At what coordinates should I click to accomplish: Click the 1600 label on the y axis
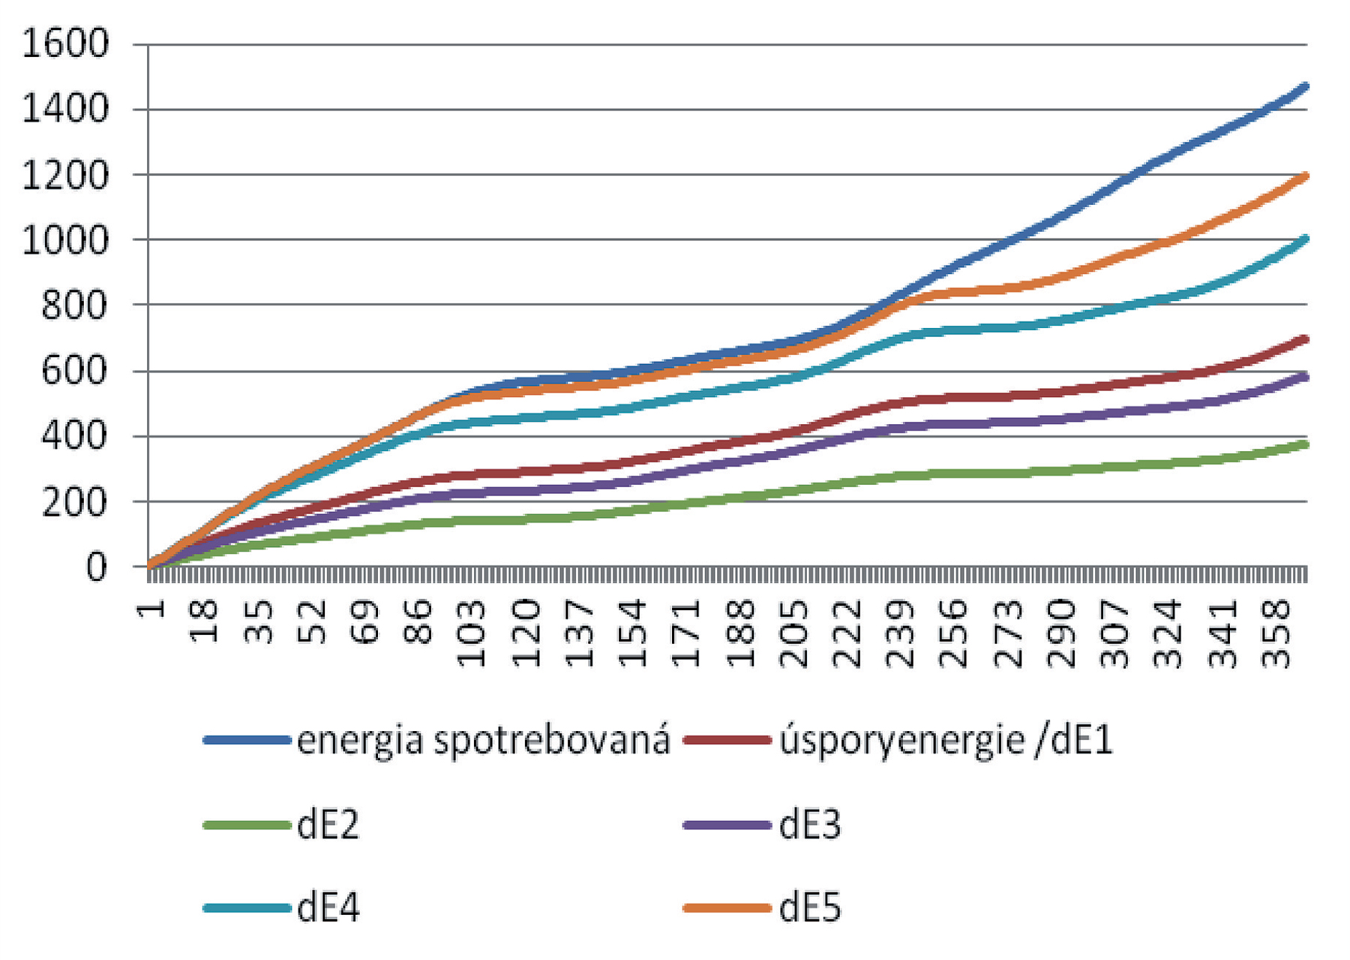(x=66, y=44)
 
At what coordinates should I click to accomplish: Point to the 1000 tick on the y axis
(x=66, y=241)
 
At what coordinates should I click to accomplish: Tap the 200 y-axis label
(x=75, y=502)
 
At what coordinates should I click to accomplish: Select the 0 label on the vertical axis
(x=97, y=567)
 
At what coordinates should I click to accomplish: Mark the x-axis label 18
(x=203, y=620)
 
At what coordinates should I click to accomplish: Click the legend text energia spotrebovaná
(x=483, y=741)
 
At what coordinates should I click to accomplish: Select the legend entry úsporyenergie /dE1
(x=945, y=741)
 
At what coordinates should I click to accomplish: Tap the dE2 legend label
(x=328, y=825)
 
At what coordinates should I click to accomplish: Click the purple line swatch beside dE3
(x=727, y=825)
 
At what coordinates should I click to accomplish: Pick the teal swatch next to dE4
(x=247, y=908)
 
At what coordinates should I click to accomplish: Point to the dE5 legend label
(x=810, y=908)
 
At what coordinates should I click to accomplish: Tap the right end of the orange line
(x=1305, y=176)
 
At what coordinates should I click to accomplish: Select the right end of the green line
(x=1305, y=444)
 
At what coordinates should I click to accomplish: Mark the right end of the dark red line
(x=1305, y=339)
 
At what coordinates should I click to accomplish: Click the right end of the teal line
(x=1305, y=239)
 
